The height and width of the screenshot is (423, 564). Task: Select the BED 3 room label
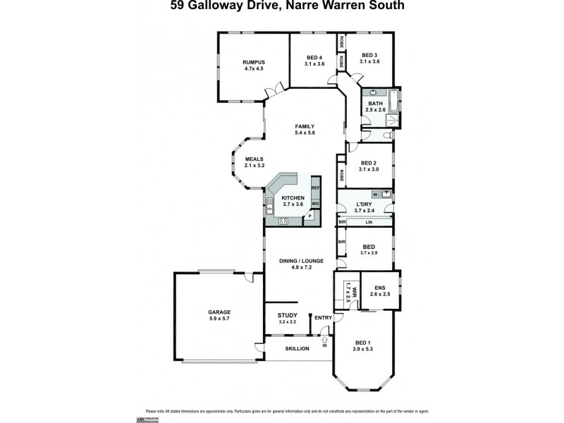[370, 56]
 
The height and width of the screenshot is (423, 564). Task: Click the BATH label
[375, 104]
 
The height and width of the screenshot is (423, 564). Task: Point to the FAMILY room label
[305, 125]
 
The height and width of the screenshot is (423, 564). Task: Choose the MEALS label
[254, 159]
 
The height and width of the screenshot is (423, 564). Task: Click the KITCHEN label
[293, 198]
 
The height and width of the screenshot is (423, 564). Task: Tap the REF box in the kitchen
[315, 188]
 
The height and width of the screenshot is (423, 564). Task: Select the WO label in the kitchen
[315, 204]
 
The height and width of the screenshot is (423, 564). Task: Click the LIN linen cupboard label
[368, 222]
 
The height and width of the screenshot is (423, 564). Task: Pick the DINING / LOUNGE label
[302, 261]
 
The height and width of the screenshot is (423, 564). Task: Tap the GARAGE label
[219, 312]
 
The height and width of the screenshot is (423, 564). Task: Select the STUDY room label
[287, 315]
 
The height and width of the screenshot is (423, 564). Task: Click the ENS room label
[380, 288]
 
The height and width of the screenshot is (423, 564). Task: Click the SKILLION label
[297, 349]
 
